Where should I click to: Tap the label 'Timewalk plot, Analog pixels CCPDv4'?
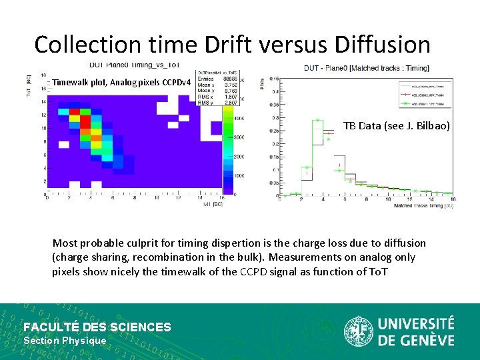[x=122, y=83]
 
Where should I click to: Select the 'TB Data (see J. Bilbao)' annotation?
[x=396, y=125]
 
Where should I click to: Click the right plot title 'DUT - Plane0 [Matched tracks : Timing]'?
[x=366, y=67]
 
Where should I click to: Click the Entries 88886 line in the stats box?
[x=217, y=79]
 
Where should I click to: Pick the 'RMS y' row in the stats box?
[x=217, y=103]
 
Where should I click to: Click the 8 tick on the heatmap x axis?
[x=135, y=197]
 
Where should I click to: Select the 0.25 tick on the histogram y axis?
[x=273, y=131]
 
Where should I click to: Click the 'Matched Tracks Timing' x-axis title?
[x=423, y=205]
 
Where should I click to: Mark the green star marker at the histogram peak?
[x=317, y=121]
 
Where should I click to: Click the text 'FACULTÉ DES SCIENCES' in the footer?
[x=97, y=327]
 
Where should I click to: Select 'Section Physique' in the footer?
[x=65, y=341]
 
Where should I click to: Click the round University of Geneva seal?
[x=358, y=331]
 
